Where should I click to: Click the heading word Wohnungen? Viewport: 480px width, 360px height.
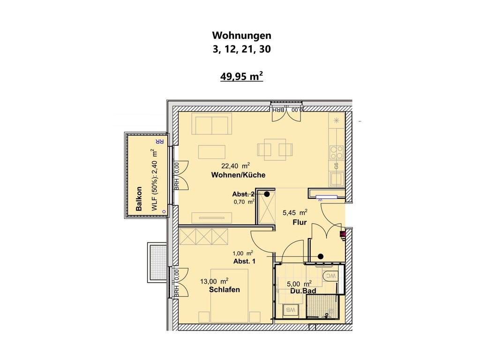pos(241,36)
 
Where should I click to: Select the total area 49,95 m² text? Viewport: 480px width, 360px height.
pos(241,76)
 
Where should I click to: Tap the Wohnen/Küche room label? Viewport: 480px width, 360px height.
pos(238,175)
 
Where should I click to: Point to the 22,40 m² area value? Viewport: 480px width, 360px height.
pos(235,166)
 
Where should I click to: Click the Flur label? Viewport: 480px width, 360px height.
pos(300,223)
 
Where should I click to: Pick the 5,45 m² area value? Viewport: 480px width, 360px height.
pos(295,212)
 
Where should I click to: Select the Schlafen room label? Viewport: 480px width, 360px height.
pos(225,290)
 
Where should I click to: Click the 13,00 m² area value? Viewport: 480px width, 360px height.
pos(214,281)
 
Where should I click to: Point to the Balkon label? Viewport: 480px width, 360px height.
pos(139,199)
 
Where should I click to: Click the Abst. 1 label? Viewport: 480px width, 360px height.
pos(244,262)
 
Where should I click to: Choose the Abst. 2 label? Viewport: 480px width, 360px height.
pos(243,194)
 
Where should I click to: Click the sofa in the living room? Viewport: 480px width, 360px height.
pos(211,124)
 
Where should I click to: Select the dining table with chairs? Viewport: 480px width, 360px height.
pos(275,150)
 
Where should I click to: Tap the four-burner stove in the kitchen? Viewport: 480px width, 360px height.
pos(337,152)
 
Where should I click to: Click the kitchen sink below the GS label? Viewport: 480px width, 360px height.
pos(337,179)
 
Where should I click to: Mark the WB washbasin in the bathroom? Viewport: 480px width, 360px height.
pos(290,309)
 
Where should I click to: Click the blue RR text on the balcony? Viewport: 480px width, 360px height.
pos(159,142)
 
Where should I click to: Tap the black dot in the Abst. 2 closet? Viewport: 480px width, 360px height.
pos(267,194)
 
